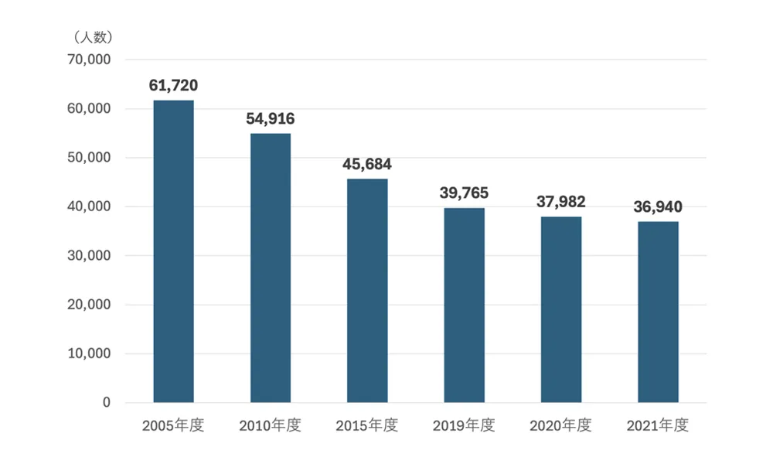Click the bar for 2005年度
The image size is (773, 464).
tap(173, 251)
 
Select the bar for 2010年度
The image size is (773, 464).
tap(271, 268)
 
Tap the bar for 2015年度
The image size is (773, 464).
tap(367, 291)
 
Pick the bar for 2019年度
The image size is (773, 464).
tap(464, 305)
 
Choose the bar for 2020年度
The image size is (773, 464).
tap(561, 309)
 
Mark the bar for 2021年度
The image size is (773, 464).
tap(658, 312)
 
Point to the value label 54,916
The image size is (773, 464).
tap(271, 119)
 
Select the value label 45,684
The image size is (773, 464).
tap(367, 165)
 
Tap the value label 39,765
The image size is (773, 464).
tap(464, 193)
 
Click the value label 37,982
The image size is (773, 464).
tap(561, 202)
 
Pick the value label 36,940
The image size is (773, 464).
tap(658, 206)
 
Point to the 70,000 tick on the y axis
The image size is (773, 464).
tap(90, 60)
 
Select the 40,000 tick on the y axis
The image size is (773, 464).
tap(90, 206)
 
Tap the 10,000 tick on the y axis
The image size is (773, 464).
tap(90, 353)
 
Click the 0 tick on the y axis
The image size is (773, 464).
tap(106, 403)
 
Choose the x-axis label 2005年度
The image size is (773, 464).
tap(173, 426)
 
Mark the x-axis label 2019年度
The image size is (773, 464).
tap(464, 426)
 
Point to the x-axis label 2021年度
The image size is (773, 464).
tap(658, 426)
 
